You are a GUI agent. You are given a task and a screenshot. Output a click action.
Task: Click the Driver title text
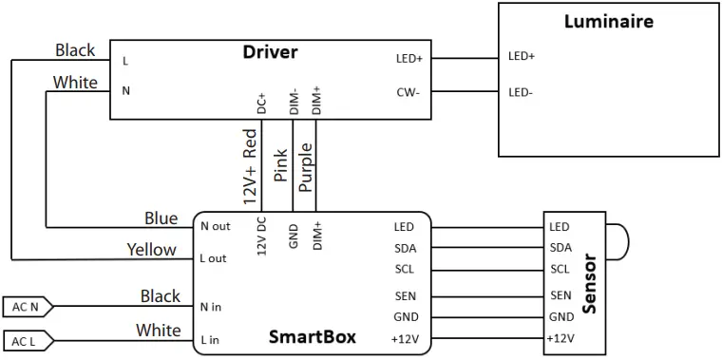[x=270, y=52]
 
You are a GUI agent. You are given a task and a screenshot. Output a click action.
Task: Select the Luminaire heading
[x=608, y=21]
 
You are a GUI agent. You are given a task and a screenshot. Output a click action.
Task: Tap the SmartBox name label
[x=313, y=337]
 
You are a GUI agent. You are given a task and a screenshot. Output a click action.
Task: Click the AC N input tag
[x=26, y=307]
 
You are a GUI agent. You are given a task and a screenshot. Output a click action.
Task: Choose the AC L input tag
[x=26, y=341]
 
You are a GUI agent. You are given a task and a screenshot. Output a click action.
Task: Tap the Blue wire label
[x=161, y=218]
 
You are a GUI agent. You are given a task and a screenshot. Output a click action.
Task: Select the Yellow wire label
[x=151, y=250]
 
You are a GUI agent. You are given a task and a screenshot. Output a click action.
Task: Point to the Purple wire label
[x=305, y=168]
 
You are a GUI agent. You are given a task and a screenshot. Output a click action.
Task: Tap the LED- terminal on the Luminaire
[x=521, y=92]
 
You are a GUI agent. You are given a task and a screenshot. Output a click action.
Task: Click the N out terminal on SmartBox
[x=216, y=227]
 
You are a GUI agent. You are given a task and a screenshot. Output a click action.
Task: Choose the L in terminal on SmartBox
[x=210, y=339]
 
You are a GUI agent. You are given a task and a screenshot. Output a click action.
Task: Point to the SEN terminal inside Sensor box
[x=560, y=295]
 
